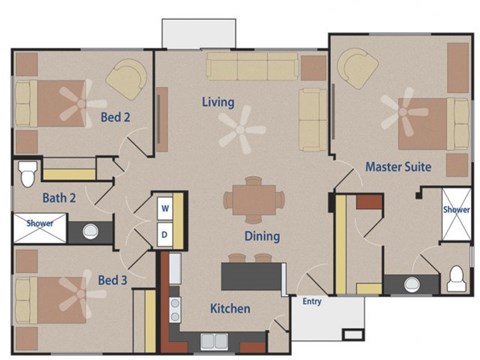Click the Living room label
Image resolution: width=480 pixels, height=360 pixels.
point(217,103)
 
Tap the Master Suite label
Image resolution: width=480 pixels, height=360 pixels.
point(398,167)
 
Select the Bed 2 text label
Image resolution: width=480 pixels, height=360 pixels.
point(116,118)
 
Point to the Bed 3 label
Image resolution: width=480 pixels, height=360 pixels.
point(112,279)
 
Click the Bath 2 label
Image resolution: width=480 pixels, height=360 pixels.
point(59,198)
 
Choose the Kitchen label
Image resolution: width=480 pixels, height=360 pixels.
point(230,309)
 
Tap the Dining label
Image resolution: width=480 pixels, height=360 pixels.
point(262,237)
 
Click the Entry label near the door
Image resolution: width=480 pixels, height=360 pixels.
point(311,300)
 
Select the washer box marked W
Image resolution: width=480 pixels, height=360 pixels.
point(165,208)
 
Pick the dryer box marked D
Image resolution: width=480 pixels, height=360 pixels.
point(165,234)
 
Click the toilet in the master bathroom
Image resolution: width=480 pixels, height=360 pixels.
point(456,277)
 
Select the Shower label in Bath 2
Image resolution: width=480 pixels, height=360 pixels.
point(40,224)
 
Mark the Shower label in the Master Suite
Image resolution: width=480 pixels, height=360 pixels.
point(456,210)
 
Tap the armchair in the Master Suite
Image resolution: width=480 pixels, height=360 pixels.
point(354,70)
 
